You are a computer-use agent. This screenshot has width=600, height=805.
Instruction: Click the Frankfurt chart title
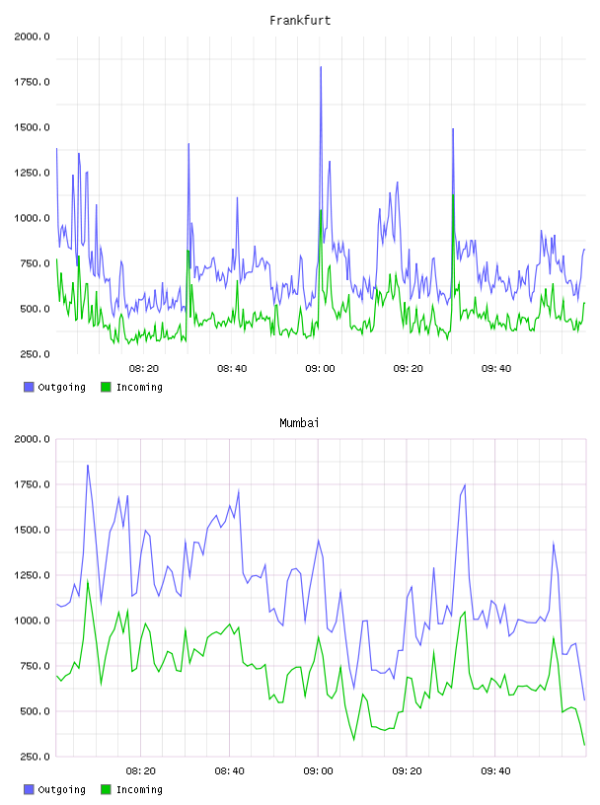(x=300, y=21)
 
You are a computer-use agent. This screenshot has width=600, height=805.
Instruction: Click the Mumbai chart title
(x=299, y=423)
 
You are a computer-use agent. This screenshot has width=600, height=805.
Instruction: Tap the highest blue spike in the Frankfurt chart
(x=321, y=67)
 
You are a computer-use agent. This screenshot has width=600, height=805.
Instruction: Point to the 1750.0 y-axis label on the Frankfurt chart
(x=32, y=82)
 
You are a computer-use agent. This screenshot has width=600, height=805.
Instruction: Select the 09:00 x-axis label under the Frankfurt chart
(x=320, y=369)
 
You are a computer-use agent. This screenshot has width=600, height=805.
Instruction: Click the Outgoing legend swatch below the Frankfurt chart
(x=29, y=387)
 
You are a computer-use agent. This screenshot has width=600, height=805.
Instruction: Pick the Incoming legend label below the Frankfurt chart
(x=139, y=387)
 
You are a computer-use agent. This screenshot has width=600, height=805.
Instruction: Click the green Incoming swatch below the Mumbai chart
(x=106, y=789)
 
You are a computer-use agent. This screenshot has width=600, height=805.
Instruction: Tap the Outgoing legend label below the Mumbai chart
(x=61, y=789)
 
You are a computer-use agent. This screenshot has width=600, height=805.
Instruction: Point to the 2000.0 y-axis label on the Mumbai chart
(x=32, y=439)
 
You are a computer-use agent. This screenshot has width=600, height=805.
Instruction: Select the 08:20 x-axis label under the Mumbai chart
(x=141, y=771)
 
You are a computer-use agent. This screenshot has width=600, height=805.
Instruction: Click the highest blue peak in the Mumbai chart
(x=88, y=466)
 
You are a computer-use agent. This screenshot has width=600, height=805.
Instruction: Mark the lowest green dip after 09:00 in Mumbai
(x=354, y=740)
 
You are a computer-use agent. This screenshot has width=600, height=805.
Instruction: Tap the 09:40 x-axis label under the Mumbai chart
(x=495, y=771)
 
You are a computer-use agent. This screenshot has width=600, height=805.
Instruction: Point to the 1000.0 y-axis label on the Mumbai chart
(x=32, y=621)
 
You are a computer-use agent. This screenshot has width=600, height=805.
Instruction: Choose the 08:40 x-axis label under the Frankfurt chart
(x=232, y=369)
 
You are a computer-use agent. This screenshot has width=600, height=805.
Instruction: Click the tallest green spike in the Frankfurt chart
(x=453, y=195)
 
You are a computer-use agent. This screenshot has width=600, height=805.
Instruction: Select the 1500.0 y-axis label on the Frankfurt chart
(x=32, y=127)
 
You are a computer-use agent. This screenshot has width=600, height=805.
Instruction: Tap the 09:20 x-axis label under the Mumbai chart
(x=407, y=771)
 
